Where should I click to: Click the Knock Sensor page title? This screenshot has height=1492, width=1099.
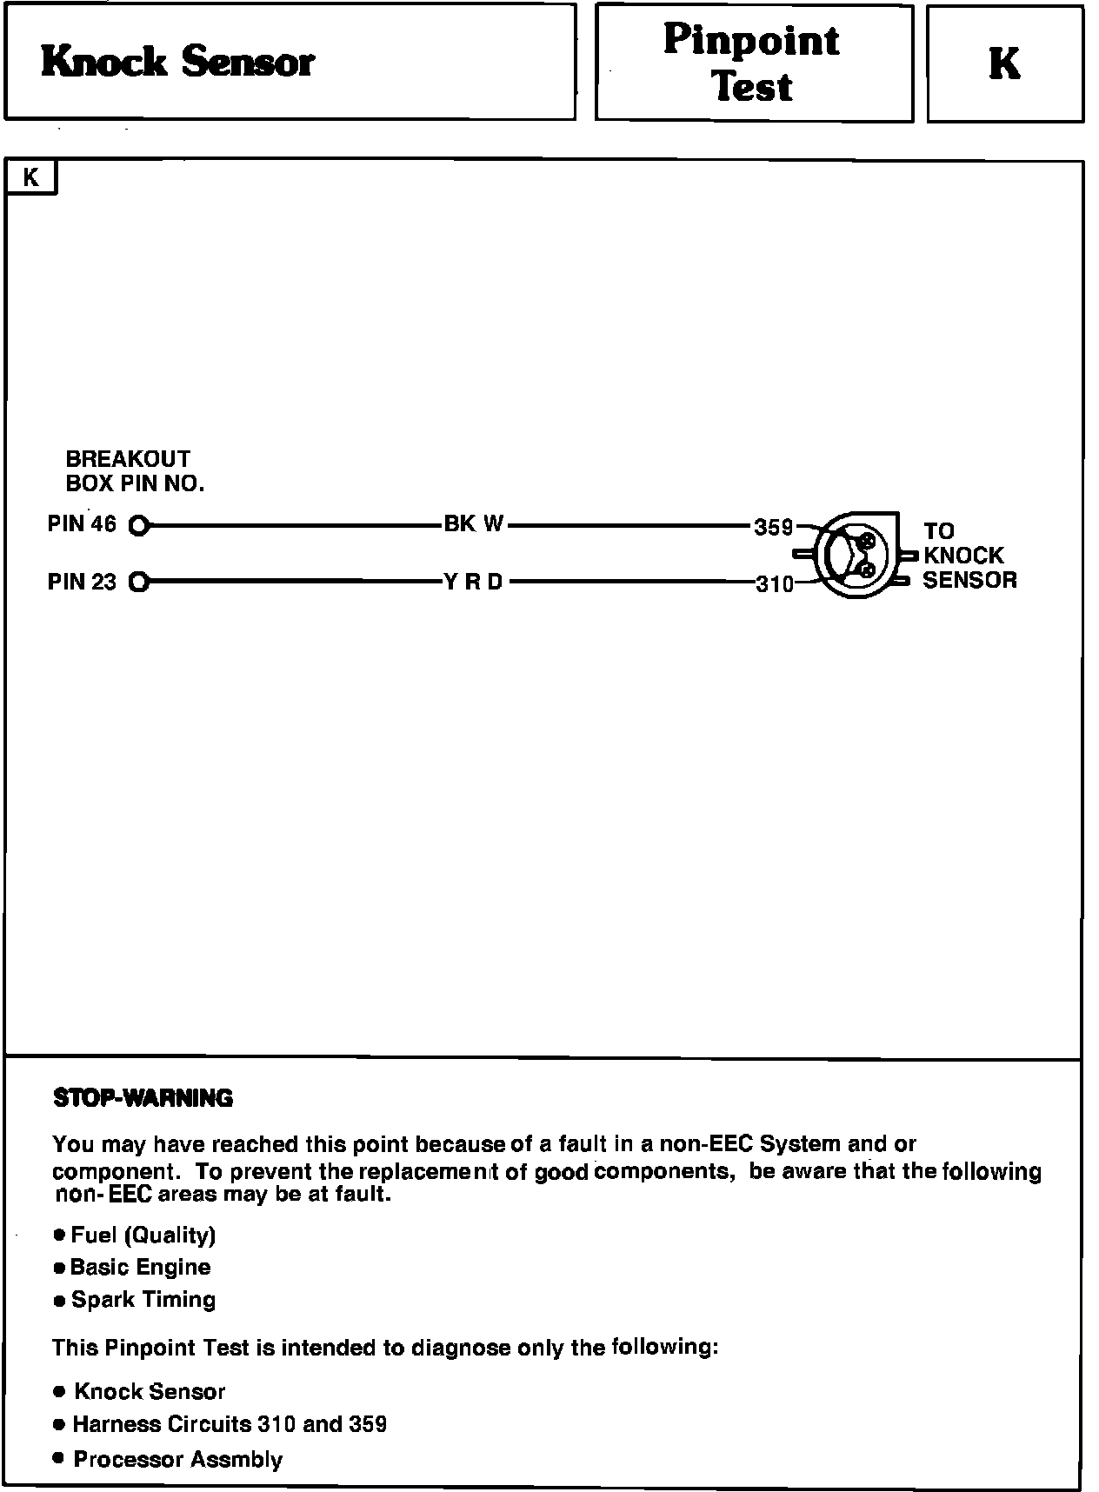(x=178, y=62)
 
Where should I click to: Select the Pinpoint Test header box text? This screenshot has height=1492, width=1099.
(x=752, y=63)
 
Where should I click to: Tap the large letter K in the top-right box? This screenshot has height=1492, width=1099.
(x=1004, y=63)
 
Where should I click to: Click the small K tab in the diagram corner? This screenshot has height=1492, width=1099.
(x=31, y=178)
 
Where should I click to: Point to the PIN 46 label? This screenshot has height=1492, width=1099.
(x=82, y=523)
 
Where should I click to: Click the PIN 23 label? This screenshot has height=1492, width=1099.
(x=82, y=582)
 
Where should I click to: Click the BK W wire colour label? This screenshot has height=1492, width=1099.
(x=474, y=524)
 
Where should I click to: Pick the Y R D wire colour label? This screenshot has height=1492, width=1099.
(x=474, y=582)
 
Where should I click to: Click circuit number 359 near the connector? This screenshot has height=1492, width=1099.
(x=773, y=528)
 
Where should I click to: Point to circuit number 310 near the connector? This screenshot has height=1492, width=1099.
(x=775, y=585)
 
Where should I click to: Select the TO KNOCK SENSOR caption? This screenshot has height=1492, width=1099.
(x=968, y=556)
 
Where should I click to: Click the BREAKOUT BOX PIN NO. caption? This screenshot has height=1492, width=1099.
(x=135, y=471)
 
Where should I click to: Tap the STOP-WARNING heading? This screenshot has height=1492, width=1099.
(x=143, y=1098)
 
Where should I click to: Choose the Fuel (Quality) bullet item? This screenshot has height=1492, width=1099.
(x=143, y=1235)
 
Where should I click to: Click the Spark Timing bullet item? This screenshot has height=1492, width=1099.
(x=143, y=1300)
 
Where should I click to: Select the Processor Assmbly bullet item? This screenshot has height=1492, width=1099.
(x=177, y=1459)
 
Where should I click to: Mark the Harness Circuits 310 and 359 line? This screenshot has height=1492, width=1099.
(x=230, y=1424)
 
